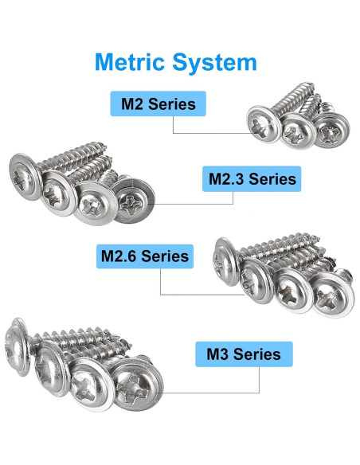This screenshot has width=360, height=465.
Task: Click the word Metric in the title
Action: coord(130,61)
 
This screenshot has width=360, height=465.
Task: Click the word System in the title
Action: coord(214,63)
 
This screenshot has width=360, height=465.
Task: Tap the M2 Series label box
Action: coord(158,104)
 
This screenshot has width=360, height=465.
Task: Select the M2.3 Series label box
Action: coord(252,179)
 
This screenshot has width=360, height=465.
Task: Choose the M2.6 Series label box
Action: coord(145,256)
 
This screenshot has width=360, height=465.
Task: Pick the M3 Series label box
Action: coord(244,354)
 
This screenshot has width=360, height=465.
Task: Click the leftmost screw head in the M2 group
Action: coord(264,124)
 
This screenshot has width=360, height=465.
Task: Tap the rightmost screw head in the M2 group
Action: coord(331,130)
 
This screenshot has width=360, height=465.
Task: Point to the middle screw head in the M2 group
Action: coord(298,131)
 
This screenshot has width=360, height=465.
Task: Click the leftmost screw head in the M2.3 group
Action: coord(25,177)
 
